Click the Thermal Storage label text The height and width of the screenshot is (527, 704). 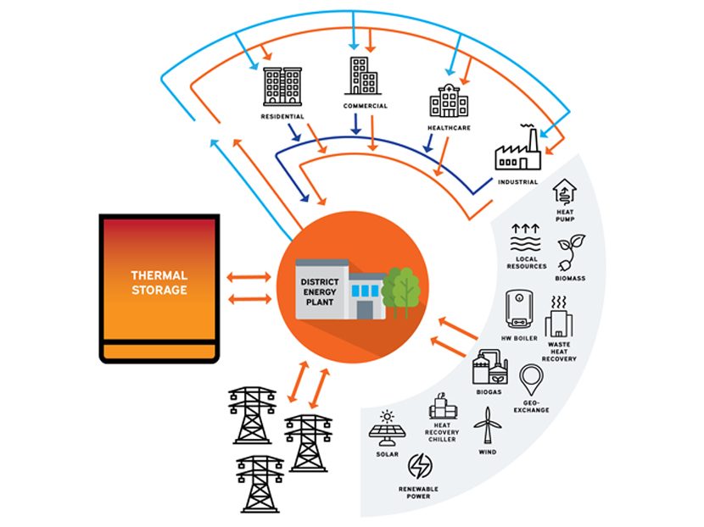[x=159, y=282]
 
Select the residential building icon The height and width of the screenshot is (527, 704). [x=282, y=86]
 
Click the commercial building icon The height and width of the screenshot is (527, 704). [x=361, y=76]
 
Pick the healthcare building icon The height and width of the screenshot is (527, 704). [x=448, y=102]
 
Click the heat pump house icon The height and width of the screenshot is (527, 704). [x=565, y=192]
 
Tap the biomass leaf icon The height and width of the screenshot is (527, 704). [x=567, y=252]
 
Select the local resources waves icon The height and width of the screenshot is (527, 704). [x=526, y=236]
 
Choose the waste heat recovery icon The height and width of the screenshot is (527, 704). [x=558, y=317]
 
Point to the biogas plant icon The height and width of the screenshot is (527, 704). [x=489, y=366]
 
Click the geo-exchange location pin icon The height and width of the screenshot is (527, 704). [x=531, y=380]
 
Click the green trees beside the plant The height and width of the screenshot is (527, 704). [x=403, y=291]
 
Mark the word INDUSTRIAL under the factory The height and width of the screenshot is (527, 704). [x=518, y=180]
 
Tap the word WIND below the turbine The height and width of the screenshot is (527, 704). [x=487, y=452]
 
